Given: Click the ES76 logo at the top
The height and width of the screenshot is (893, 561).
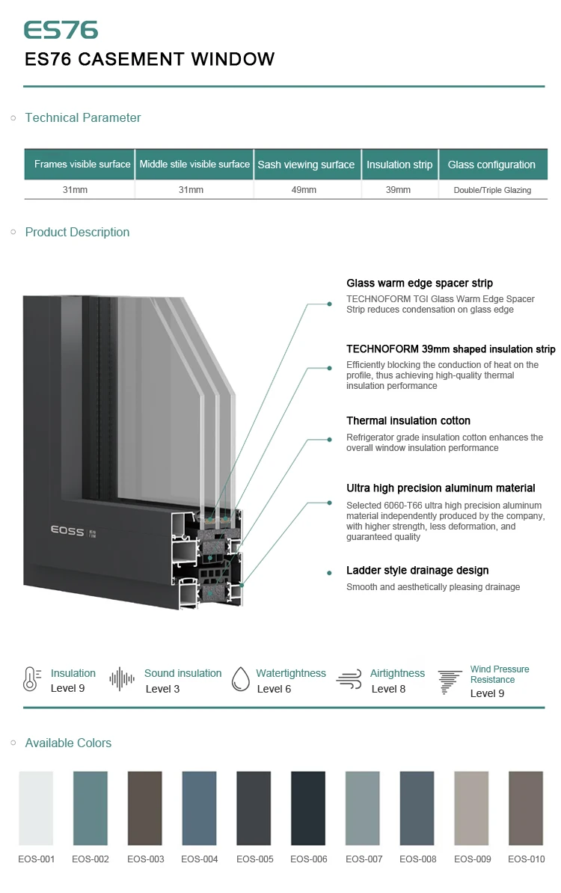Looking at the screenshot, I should pyautogui.click(x=61, y=30).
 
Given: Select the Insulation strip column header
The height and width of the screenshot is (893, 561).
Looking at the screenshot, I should pyautogui.click(x=399, y=165).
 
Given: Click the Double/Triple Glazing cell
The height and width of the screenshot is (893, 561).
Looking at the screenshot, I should pyautogui.click(x=492, y=190).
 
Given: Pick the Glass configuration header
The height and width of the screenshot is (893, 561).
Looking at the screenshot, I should pyautogui.click(x=491, y=165).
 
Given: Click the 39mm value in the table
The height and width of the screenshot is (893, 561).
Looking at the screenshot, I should pyautogui.click(x=398, y=190).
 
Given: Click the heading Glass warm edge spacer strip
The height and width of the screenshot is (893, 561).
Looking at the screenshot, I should pyautogui.click(x=420, y=283).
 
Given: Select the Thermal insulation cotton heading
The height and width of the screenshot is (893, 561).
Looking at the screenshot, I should pyautogui.click(x=408, y=421).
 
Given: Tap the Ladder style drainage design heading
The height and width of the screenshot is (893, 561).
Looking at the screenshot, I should pyautogui.click(x=417, y=571).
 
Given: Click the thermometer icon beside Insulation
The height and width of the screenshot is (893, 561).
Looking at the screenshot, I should pyautogui.click(x=31, y=679).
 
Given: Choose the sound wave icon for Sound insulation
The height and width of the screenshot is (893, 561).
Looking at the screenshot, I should pyautogui.click(x=122, y=679).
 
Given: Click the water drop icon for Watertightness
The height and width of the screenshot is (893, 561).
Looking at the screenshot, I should pyautogui.click(x=240, y=679).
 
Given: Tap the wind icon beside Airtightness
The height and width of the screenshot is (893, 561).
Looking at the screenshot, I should pyautogui.click(x=349, y=679).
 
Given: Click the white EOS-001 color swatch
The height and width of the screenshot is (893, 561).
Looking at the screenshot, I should pyautogui.click(x=36, y=808).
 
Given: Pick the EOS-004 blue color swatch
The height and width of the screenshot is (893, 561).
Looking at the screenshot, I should pyautogui.click(x=199, y=808).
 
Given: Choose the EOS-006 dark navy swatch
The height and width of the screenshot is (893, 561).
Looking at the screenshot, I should pyautogui.click(x=308, y=808).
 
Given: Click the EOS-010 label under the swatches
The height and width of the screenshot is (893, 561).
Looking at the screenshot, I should pyautogui.click(x=527, y=859).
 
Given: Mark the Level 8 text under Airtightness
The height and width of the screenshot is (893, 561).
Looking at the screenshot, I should pyautogui.click(x=388, y=689).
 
